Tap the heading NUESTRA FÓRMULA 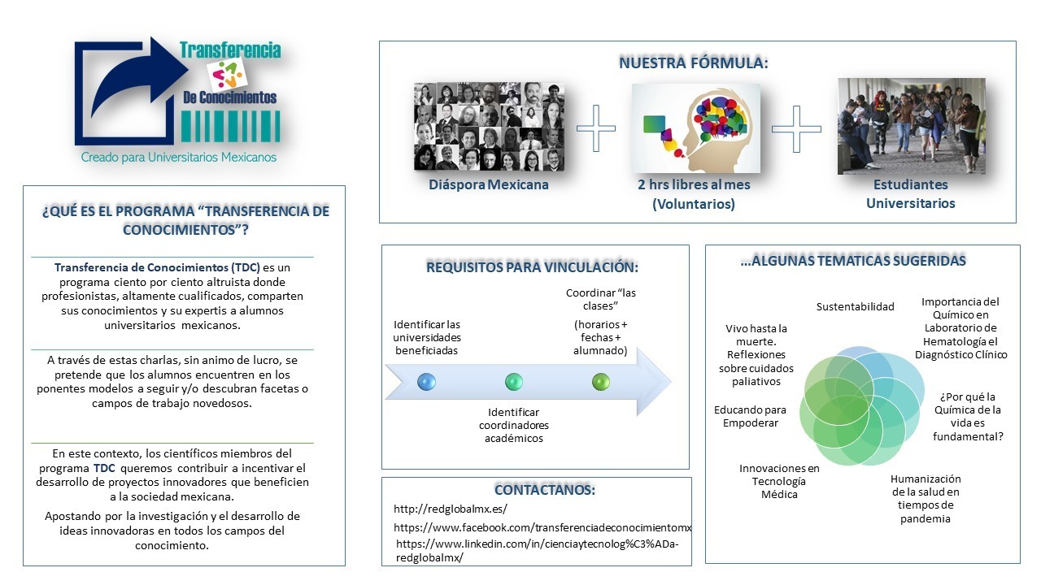coord(694,63)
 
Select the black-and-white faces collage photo coord(489,126)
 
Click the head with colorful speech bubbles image coord(696,128)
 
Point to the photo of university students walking coord(911,126)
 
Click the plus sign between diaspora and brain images coord(596,128)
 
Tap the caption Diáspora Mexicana coord(489,184)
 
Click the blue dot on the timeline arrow coord(426,381)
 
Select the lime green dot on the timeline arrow coord(601,381)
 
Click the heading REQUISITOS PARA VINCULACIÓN coord(533,267)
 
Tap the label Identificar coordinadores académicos coord(513,425)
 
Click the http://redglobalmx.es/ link coord(451,509)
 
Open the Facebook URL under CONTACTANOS coord(542,527)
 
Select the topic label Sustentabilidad coord(855,306)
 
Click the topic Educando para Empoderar coord(750,416)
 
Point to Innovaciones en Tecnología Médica coord(779,481)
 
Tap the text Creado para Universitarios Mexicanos coord(179,157)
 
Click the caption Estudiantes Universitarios coord(910,194)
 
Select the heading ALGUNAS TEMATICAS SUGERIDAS coord(853,261)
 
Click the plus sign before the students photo coord(796,128)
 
